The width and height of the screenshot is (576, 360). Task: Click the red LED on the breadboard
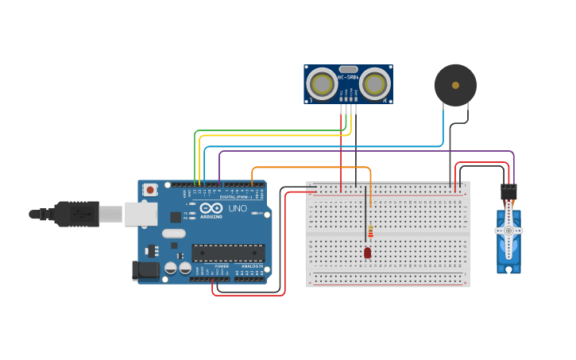tap(367, 253)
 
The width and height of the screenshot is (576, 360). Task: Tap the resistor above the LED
tap(370, 231)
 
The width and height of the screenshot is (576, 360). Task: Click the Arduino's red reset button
tap(150, 190)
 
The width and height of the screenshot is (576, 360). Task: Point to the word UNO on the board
tap(238, 208)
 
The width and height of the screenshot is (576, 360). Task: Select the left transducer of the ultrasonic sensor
tap(323, 83)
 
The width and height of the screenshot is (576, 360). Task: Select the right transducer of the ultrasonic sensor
tap(374, 83)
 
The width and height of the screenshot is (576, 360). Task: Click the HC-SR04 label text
tap(348, 77)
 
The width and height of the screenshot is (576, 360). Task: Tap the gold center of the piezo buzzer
tap(455, 84)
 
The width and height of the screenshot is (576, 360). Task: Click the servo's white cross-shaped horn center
tap(508, 230)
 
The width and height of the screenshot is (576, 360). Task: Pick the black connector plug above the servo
tap(508, 193)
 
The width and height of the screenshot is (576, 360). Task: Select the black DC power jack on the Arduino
tap(145, 269)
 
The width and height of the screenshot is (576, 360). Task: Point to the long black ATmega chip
tap(228, 253)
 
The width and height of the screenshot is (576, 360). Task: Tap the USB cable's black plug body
tap(76, 214)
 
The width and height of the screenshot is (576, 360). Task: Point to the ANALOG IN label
tap(252, 265)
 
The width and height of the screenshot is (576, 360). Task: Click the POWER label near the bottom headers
tap(222, 265)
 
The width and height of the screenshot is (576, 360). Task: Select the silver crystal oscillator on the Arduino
tap(173, 234)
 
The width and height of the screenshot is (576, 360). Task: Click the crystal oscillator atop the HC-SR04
tap(348, 69)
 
